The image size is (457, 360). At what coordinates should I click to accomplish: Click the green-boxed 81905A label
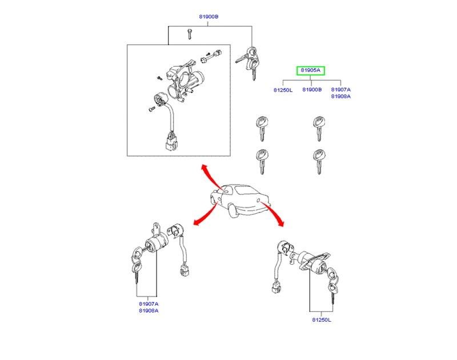(x=310, y=70)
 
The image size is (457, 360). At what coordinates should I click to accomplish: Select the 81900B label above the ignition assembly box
(x=209, y=17)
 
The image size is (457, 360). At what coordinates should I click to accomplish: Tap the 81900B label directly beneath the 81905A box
(x=312, y=90)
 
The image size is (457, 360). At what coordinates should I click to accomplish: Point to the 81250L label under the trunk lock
(x=322, y=320)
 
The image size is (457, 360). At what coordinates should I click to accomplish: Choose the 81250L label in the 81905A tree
(x=283, y=90)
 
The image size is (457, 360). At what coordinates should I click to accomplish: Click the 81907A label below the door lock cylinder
(x=149, y=304)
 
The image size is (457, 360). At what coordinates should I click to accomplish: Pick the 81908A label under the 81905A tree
(x=340, y=96)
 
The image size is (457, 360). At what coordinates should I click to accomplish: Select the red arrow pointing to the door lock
(x=206, y=214)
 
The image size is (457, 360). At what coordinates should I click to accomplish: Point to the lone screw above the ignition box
(x=190, y=34)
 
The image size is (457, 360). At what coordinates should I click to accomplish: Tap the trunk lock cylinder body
(x=313, y=262)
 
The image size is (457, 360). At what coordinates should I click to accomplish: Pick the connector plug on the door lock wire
(x=184, y=270)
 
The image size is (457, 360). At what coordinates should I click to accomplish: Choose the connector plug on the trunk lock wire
(x=276, y=287)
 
